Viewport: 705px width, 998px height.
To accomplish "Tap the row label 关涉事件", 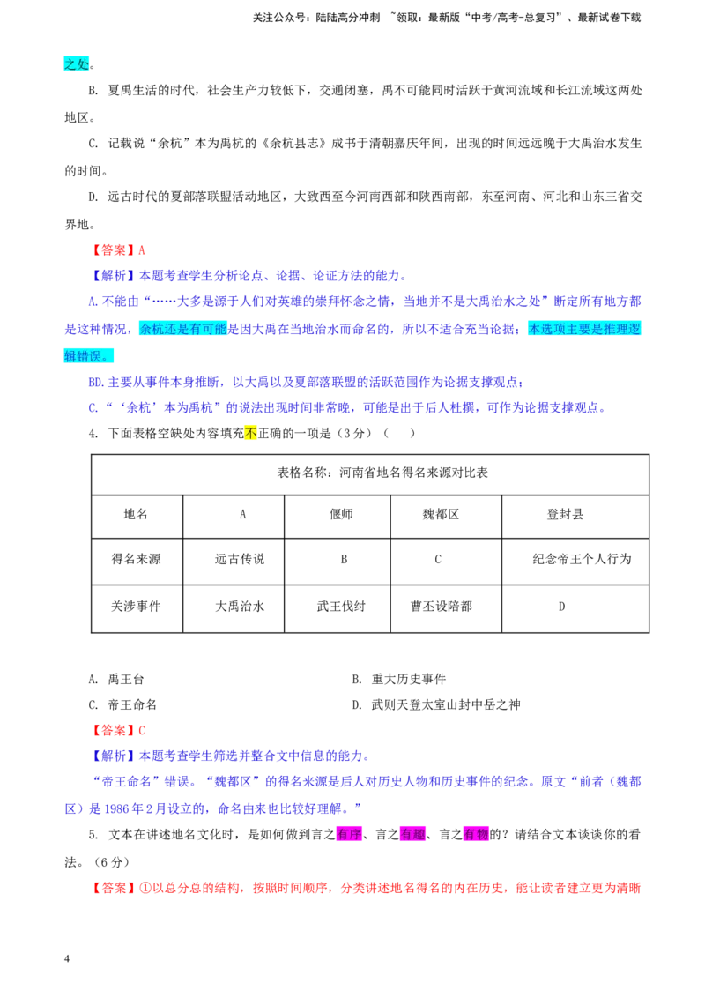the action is click(x=137, y=608).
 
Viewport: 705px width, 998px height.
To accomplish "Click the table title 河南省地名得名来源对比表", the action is click(x=382, y=473).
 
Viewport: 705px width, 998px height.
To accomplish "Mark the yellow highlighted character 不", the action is click(x=250, y=434).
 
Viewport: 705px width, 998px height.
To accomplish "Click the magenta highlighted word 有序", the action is click(x=349, y=834).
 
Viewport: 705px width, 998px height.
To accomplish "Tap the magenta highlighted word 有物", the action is click(x=476, y=834).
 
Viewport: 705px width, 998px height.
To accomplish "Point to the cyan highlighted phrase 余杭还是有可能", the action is click(x=183, y=329).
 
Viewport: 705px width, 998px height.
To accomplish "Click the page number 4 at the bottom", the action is click(x=67, y=959).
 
